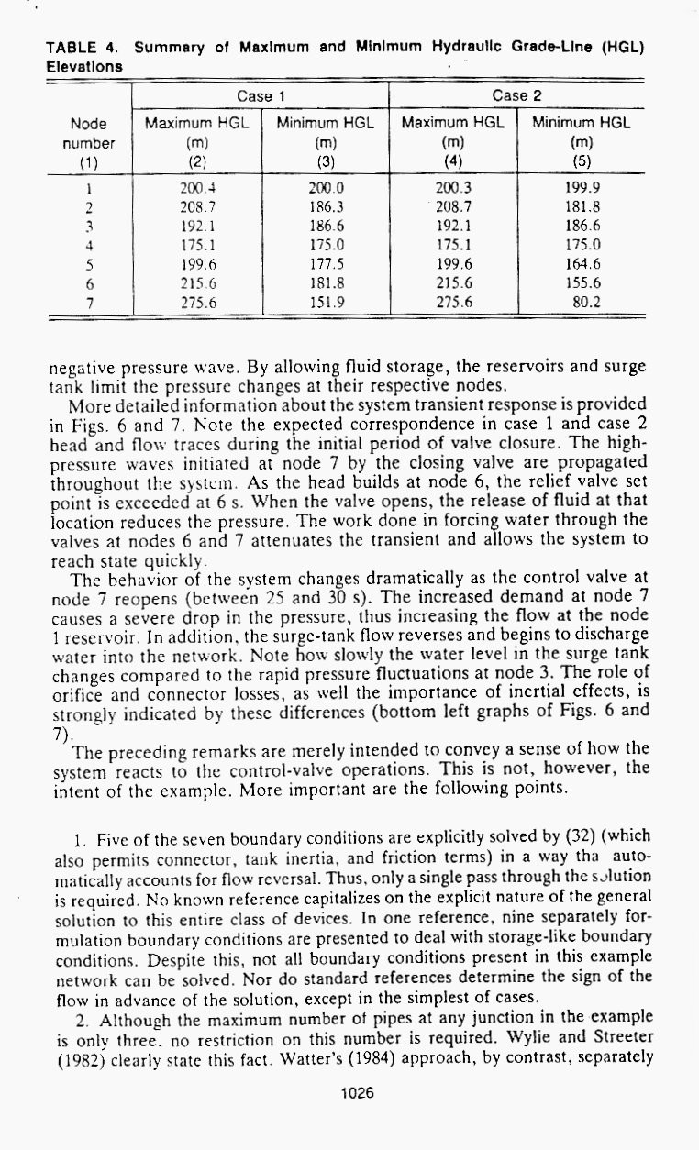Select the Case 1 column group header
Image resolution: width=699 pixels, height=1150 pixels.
[261, 95]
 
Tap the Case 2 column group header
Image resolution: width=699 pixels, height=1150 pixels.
[516, 95]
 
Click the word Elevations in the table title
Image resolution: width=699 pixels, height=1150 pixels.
[84, 66]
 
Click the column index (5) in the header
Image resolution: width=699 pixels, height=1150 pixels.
[581, 161]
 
